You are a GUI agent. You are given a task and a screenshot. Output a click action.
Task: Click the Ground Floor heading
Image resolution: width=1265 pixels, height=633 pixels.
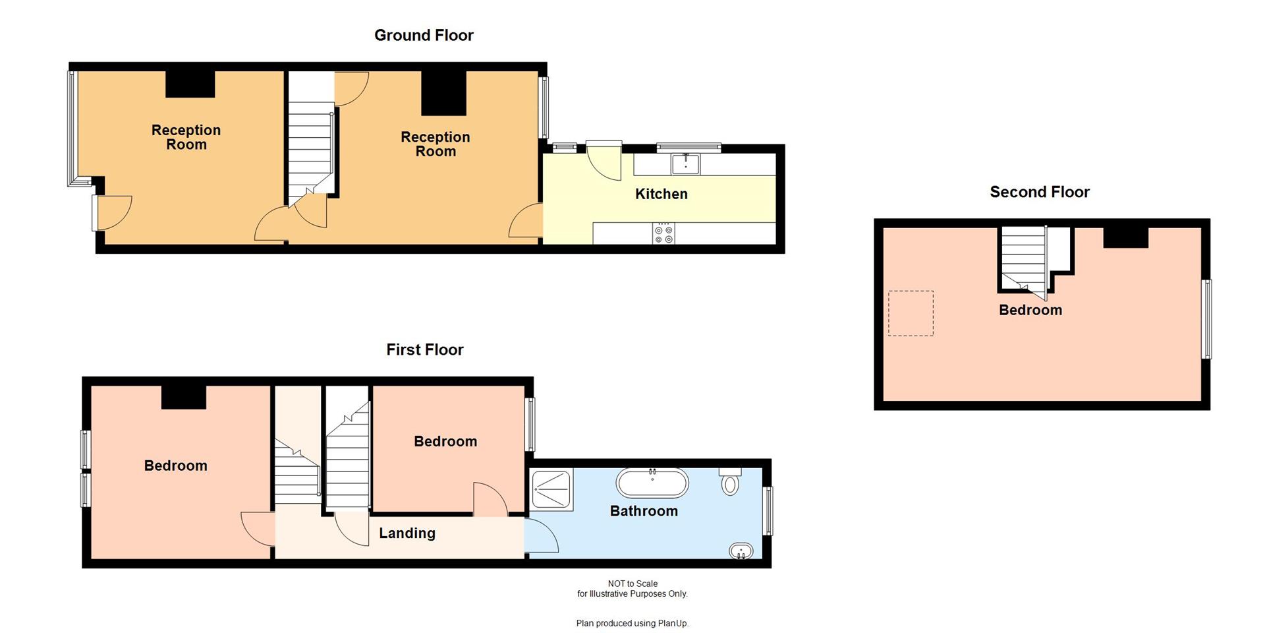(424, 36)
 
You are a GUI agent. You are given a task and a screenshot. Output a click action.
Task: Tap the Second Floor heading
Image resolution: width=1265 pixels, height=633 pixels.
(1040, 192)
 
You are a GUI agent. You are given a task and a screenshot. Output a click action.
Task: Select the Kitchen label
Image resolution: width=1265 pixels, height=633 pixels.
(661, 194)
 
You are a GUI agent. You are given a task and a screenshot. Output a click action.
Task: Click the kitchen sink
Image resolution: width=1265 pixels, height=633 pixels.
(685, 164)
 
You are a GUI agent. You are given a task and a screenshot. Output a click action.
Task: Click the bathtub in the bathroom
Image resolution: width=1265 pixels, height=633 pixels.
(652, 483)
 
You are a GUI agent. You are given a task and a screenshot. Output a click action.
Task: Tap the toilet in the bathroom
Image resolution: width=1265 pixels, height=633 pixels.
(730, 483)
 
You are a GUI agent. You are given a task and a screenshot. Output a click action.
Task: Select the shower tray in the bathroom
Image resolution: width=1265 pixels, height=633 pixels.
(551, 489)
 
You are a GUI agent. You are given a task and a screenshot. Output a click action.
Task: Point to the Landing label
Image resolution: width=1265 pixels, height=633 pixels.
(407, 533)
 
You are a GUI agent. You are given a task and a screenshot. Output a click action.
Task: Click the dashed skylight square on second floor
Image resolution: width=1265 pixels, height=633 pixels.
(911, 313)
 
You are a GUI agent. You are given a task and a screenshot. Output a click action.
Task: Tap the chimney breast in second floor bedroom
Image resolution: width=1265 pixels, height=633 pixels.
(1125, 237)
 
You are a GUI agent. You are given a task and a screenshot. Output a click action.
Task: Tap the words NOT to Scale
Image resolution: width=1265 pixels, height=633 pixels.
(632, 584)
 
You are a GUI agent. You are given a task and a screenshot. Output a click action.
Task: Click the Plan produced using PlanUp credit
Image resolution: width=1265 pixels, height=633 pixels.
(632, 623)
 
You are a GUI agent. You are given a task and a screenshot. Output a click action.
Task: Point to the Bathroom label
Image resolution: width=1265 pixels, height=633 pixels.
(644, 511)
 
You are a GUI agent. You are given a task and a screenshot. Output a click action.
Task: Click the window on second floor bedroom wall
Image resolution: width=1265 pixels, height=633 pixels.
(1206, 319)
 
